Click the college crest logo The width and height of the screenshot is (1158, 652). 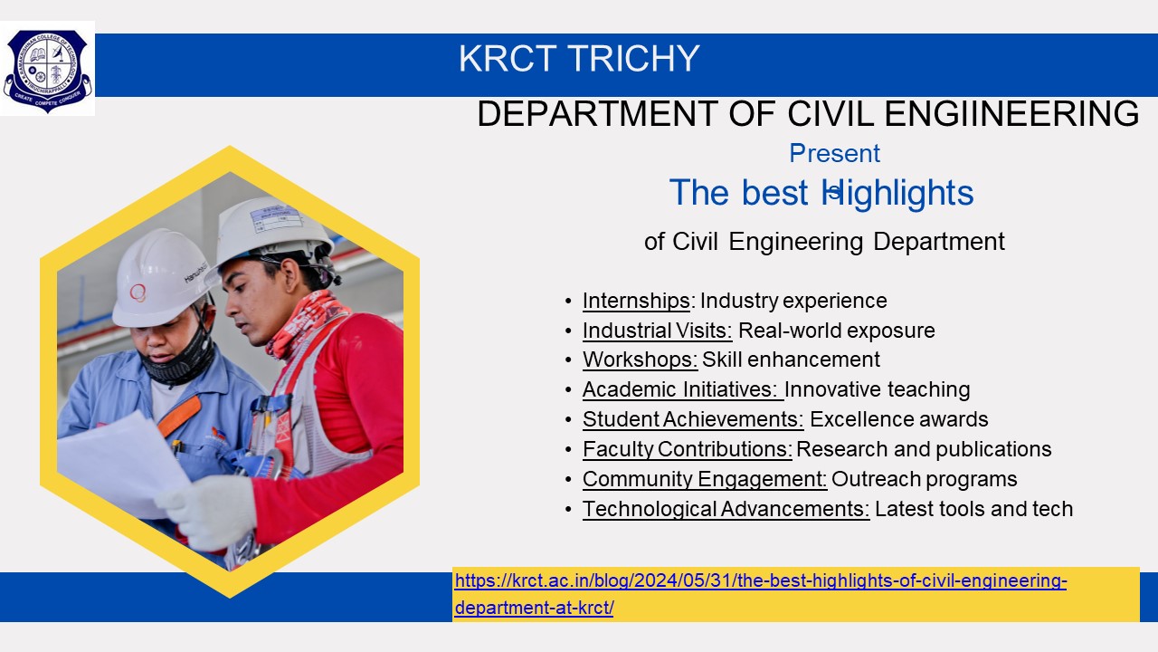47,69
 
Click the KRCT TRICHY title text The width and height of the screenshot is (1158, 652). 579,59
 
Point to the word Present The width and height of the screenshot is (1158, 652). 834,153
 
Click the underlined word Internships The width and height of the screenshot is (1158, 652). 636,301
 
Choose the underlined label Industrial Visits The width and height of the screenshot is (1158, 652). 657,331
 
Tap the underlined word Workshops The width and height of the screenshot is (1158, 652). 640,360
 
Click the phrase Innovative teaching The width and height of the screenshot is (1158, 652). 877,389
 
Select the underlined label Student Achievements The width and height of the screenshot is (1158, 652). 693,419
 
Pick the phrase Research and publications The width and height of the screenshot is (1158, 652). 924,449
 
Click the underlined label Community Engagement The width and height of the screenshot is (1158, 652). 705,479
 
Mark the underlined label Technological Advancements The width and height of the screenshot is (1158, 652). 726,509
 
